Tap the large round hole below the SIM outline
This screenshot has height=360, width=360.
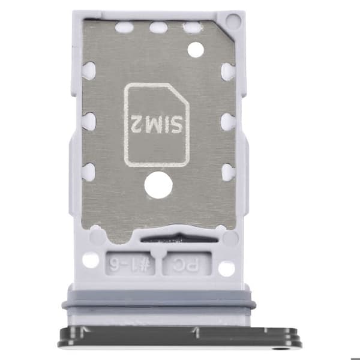point(158,185)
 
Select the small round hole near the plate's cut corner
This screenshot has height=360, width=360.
point(196,50)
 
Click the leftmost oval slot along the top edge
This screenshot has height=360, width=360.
point(124,28)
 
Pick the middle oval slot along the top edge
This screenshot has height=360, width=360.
point(158,28)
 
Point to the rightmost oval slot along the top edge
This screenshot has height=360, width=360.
point(193,28)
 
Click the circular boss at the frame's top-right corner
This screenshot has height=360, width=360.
point(233,20)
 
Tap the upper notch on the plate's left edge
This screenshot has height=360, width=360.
point(89,70)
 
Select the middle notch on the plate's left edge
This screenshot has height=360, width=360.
point(89,121)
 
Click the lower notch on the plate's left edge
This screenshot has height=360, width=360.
point(89,172)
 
